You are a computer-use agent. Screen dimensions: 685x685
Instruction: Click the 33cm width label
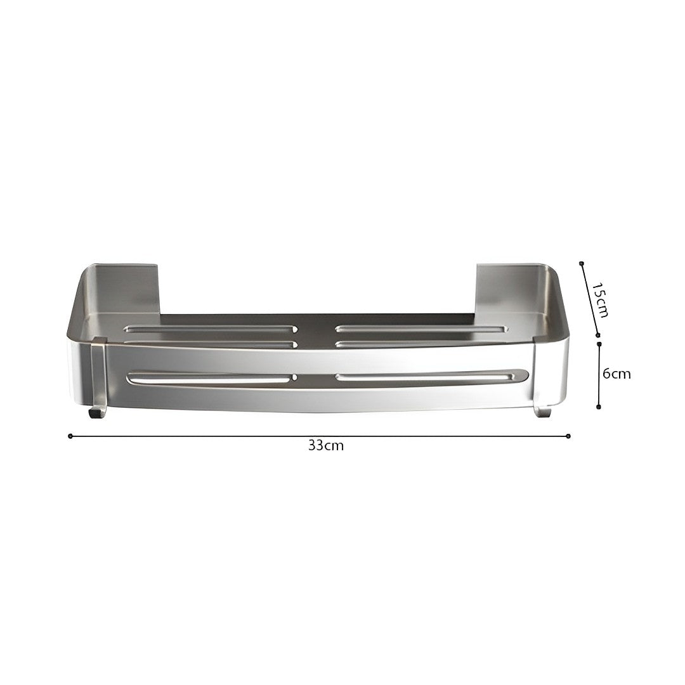click(x=326, y=446)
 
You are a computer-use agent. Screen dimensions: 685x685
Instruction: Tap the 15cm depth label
click(x=600, y=300)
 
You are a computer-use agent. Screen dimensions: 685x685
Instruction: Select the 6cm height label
click(x=617, y=374)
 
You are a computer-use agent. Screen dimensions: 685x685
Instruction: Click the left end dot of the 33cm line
click(x=70, y=436)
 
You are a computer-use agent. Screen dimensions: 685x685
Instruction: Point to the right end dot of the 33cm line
click(x=568, y=436)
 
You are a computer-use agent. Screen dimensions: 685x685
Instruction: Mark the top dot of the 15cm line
click(x=581, y=263)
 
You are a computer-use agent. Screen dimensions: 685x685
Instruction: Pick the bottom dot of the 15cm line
click(x=599, y=335)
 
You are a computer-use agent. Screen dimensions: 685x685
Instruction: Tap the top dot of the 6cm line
click(x=599, y=344)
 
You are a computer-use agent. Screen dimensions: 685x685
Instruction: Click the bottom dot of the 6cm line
click(x=599, y=407)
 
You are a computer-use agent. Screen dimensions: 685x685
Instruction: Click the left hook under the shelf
click(x=97, y=412)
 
